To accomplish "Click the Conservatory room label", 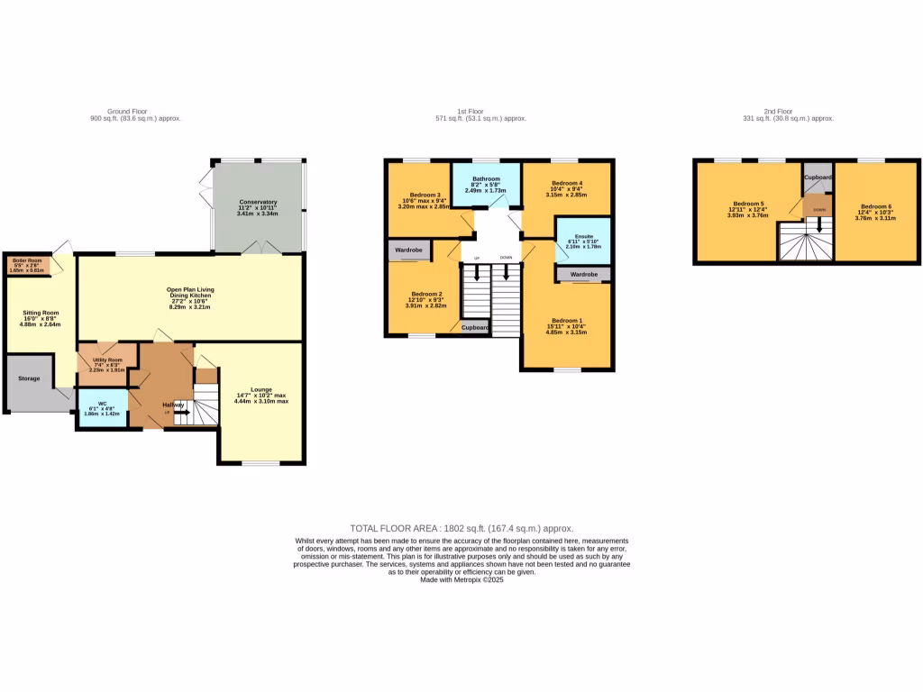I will click(258, 202).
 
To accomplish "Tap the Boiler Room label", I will click(27, 260).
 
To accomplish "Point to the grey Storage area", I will click(29, 378).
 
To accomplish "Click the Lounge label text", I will click(261, 389).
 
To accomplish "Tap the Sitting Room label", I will click(41, 314).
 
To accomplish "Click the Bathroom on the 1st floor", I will click(486, 178).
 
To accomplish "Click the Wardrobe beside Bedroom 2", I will click(408, 250).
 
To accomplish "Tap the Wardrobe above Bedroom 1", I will click(583, 273).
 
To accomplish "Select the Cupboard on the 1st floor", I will click(475, 327).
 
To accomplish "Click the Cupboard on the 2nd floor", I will click(818, 178).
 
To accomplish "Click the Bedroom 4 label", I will click(568, 183).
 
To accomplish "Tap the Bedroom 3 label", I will click(425, 195).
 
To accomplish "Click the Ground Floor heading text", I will click(127, 111).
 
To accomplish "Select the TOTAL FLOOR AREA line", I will click(461, 529).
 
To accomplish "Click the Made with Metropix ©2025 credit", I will click(461, 579).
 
